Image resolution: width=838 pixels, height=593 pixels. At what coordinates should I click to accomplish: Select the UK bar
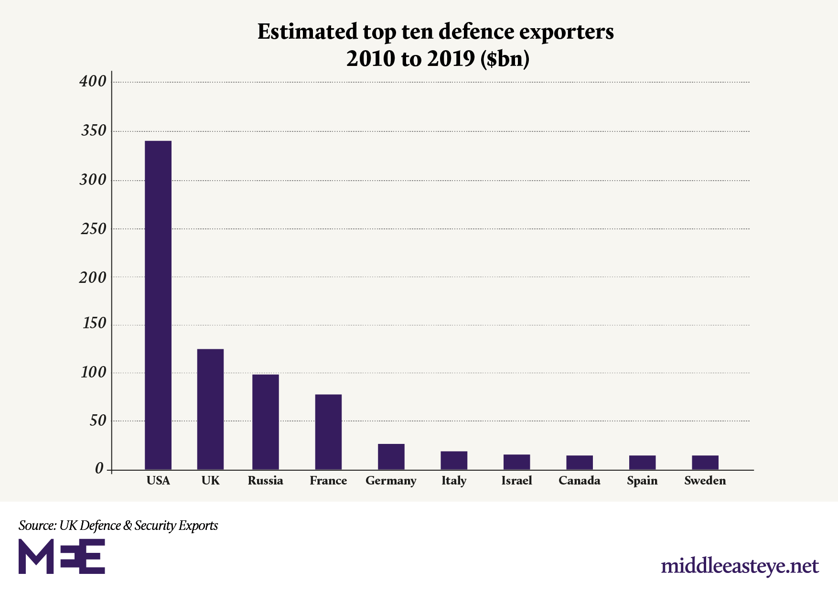pyautogui.click(x=210, y=409)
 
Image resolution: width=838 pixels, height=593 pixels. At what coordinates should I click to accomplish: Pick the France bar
pyautogui.click(x=328, y=431)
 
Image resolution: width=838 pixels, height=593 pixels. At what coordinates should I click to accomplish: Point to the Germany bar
pyautogui.click(x=391, y=456)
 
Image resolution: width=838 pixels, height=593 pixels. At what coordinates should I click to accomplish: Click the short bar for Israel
pyautogui.click(x=516, y=462)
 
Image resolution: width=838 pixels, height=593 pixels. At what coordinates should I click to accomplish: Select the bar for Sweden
pyautogui.click(x=705, y=462)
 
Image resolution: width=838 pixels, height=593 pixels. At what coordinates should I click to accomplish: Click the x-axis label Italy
pyautogui.click(x=453, y=481)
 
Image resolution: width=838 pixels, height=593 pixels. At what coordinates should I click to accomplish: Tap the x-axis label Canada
pyautogui.click(x=579, y=481)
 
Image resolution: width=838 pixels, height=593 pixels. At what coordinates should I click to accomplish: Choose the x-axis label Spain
pyautogui.click(x=642, y=481)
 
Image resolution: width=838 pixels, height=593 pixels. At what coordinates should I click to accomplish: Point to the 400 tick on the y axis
pyautogui.click(x=93, y=82)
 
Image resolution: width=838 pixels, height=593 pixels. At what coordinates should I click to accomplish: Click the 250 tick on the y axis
pyautogui.click(x=94, y=229)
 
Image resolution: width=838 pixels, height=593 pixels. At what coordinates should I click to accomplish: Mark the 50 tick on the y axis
pyautogui.click(x=97, y=421)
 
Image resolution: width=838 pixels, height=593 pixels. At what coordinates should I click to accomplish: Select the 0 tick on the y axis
pyautogui.click(x=99, y=469)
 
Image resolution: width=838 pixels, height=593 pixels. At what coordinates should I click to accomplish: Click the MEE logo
pyautogui.click(x=62, y=556)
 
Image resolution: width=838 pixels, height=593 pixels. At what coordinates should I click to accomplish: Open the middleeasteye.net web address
pyautogui.click(x=740, y=566)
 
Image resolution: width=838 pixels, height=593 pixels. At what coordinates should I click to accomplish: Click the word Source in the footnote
pyautogui.click(x=36, y=526)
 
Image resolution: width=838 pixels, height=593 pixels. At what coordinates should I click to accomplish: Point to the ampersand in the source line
pyautogui.click(x=128, y=526)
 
